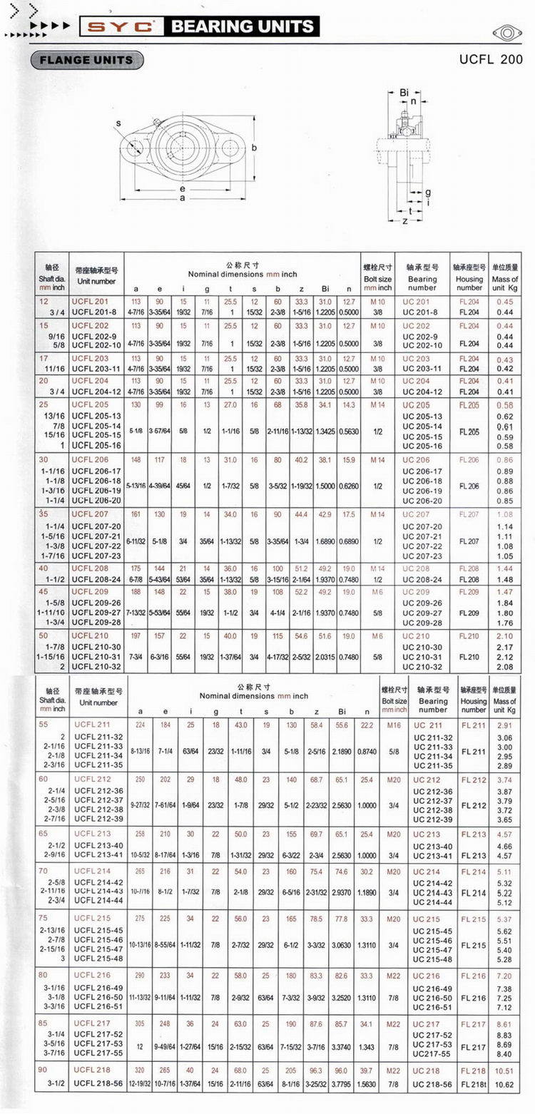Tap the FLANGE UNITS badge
click(87, 60)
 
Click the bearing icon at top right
click(505, 32)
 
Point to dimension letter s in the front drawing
click(118, 123)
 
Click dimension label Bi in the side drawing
click(403, 92)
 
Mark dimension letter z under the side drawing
click(404, 221)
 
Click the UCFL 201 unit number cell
click(91, 302)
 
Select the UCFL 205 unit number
click(91, 405)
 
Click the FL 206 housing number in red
click(469, 460)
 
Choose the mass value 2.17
click(504, 647)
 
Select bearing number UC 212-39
click(433, 819)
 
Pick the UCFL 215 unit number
click(93, 919)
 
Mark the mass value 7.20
click(504, 975)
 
